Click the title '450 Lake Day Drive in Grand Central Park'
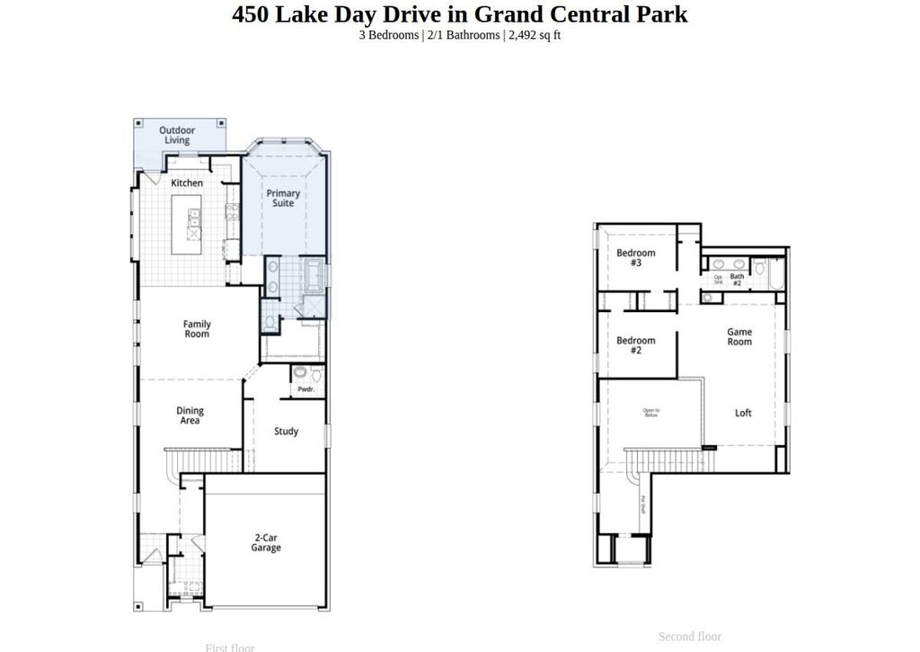460,14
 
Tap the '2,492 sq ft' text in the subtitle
535,35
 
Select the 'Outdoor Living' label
177,135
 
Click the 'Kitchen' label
187,183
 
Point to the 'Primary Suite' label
283,198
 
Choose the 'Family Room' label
197,329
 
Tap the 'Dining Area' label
190,415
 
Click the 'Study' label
286,432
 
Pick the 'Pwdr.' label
305,389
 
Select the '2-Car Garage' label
265,542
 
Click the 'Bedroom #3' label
635,258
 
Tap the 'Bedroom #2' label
635,345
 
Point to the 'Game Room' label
739,336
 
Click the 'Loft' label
743,414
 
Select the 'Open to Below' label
651,414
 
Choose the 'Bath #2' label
737,279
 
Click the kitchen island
193,225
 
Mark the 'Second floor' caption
689,637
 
